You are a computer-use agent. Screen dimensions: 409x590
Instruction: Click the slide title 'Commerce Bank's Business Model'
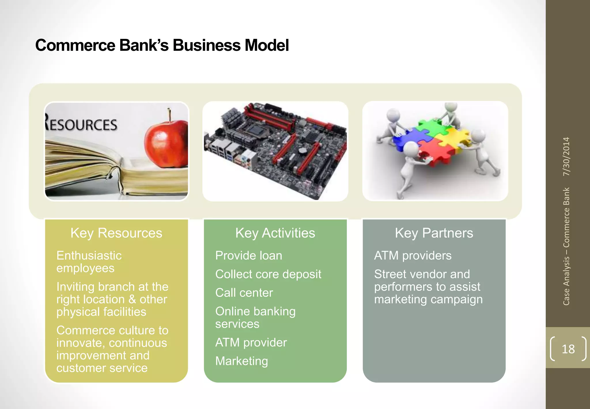coord(162,45)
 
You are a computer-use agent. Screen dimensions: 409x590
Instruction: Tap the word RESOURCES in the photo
coord(81,125)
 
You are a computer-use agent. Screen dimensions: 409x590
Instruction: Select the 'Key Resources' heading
coord(116,233)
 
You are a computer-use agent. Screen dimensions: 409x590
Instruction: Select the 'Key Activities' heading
coord(275,233)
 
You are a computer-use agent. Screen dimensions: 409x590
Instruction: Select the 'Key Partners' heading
coord(434,233)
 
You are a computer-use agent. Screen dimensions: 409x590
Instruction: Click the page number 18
coord(568,349)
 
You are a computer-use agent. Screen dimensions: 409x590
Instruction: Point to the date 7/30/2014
coord(566,156)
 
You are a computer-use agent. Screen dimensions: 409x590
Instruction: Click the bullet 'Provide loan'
coord(249,256)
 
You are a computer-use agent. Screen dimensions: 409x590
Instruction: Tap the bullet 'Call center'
coord(244,293)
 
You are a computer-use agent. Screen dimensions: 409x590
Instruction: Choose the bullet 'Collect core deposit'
coord(268,274)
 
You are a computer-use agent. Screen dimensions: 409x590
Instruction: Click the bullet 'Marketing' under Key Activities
coord(241,361)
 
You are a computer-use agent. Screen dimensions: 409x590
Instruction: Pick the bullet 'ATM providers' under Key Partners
coord(413,256)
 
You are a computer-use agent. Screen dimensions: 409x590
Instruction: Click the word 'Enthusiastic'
coord(89,256)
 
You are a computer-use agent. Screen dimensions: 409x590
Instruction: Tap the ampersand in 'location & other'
coord(132,299)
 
